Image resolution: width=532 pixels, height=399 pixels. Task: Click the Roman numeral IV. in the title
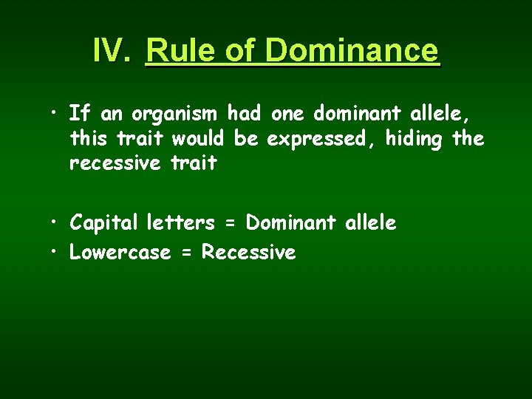(x=113, y=50)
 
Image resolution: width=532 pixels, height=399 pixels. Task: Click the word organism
(x=174, y=115)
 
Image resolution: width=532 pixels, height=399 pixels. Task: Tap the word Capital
(x=104, y=222)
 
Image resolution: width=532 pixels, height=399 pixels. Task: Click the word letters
(x=181, y=222)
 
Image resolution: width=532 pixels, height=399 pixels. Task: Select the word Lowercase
(x=120, y=252)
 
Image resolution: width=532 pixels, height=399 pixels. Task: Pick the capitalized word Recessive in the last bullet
(x=249, y=252)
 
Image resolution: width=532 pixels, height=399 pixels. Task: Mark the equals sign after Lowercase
(x=186, y=253)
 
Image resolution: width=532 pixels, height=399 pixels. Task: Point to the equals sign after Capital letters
(x=231, y=223)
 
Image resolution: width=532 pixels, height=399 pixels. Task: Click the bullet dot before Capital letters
(x=55, y=222)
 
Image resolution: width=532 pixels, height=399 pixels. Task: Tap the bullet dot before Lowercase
(x=55, y=251)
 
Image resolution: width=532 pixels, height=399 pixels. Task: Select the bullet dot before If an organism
(x=55, y=113)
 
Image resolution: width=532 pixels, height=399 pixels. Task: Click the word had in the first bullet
(x=245, y=114)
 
